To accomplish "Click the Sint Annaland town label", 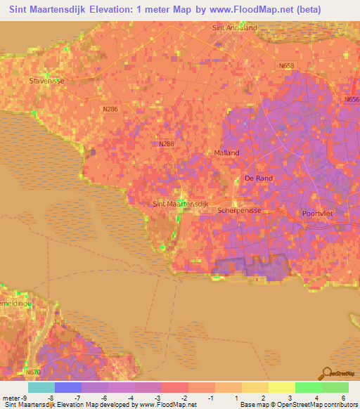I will coord(233,28).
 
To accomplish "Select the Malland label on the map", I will coord(226,152).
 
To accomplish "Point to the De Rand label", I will coord(258,178).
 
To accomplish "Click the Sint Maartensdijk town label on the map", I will coord(181,204).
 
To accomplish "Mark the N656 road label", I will coord(352,100).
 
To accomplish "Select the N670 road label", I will coord(32,372).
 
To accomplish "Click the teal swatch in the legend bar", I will coord(41,387).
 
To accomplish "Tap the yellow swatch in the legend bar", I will coord(281,387).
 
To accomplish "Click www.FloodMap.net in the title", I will coord(247,10).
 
